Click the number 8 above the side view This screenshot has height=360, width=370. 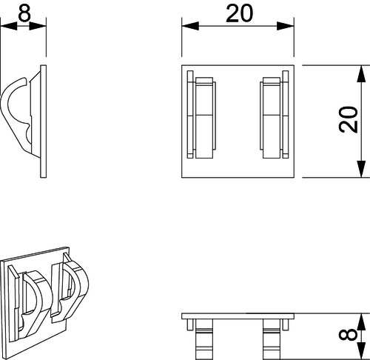tap(24, 13)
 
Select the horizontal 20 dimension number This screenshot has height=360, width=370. tap(240, 13)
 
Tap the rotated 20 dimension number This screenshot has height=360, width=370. tap(349, 120)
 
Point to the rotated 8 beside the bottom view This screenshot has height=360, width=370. tap(348, 335)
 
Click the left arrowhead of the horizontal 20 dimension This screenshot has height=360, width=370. tap(190, 26)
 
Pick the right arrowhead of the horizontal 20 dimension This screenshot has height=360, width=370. tap(286, 26)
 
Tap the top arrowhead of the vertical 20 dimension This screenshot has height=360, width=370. tap(361, 73)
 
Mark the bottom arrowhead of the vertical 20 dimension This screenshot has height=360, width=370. tap(361, 169)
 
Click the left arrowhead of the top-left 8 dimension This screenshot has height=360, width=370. tap(9, 26)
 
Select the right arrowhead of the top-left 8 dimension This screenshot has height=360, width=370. tap(38, 26)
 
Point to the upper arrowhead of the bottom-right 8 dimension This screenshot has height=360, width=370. tap(361, 321)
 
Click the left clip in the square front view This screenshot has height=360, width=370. tap(202, 115)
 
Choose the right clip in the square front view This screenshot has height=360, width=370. tap(275, 115)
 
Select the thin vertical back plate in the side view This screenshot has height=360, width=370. tap(43, 121)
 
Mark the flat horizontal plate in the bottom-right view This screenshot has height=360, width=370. tap(238, 316)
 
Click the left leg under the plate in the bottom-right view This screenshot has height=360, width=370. tap(204, 339)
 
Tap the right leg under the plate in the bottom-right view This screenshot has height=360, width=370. tap(272, 339)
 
